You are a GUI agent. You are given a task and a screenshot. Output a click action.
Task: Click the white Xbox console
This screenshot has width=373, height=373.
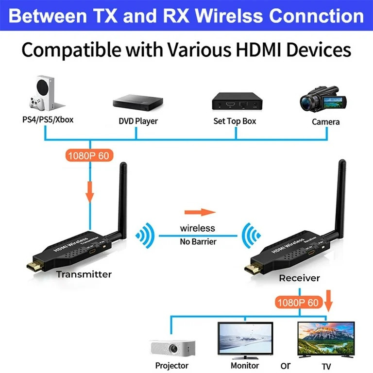pos(40,94)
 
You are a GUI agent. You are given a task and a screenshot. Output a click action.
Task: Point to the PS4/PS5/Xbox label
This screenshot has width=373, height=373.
pos(48,119)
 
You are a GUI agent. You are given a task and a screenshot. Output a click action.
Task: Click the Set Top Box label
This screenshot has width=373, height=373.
pos(235,121)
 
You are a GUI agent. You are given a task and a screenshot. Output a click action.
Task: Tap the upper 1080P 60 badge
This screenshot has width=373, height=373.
pos(89,156)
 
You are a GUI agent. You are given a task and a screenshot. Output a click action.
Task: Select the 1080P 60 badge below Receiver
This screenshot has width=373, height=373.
pos(298,303)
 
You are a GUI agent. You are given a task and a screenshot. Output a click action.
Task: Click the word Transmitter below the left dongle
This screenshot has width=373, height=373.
pos(84,274)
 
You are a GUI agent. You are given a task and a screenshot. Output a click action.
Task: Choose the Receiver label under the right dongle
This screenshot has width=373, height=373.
pos(299,278)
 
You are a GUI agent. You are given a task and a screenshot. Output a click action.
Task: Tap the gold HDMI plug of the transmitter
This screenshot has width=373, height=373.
pos(35,265)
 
